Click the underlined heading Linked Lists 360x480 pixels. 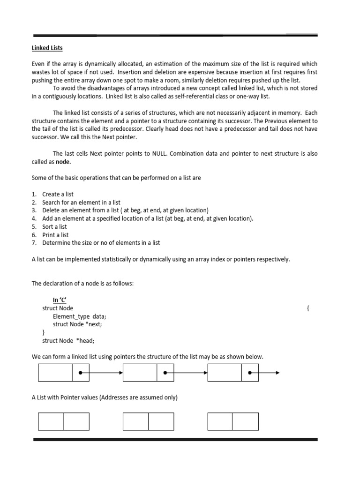pyautogui.click(x=47, y=48)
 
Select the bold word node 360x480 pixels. pyautogui.click(x=63, y=161)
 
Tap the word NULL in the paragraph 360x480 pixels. pyautogui.click(x=161, y=153)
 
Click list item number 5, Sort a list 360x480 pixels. pyautogui.click(x=54, y=226)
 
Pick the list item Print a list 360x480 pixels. pyautogui.click(x=55, y=234)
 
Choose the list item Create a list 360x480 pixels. pyautogui.click(x=58, y=194)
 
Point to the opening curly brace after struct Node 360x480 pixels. pyautogui.click(x=307, y=308)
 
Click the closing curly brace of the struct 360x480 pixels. pyautogui.click(x=44, y=332)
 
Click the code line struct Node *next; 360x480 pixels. pyautogui.click(x=77, y=324)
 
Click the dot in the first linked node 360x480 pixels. pyautogui.click(x=81, y=373)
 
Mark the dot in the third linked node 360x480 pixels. pyautogui.click(x=250, y=373)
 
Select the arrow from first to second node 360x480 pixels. pyautogui.click(x=102, y=373)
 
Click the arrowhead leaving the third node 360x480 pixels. pyautogui.click(x=277, y=373)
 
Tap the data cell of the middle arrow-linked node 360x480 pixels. pyautogui.click(x=140, y=373)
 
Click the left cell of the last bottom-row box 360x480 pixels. pyautogui.click(x=220, y=421)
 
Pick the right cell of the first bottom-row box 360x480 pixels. pyautogui.click(x=76, y=421)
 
